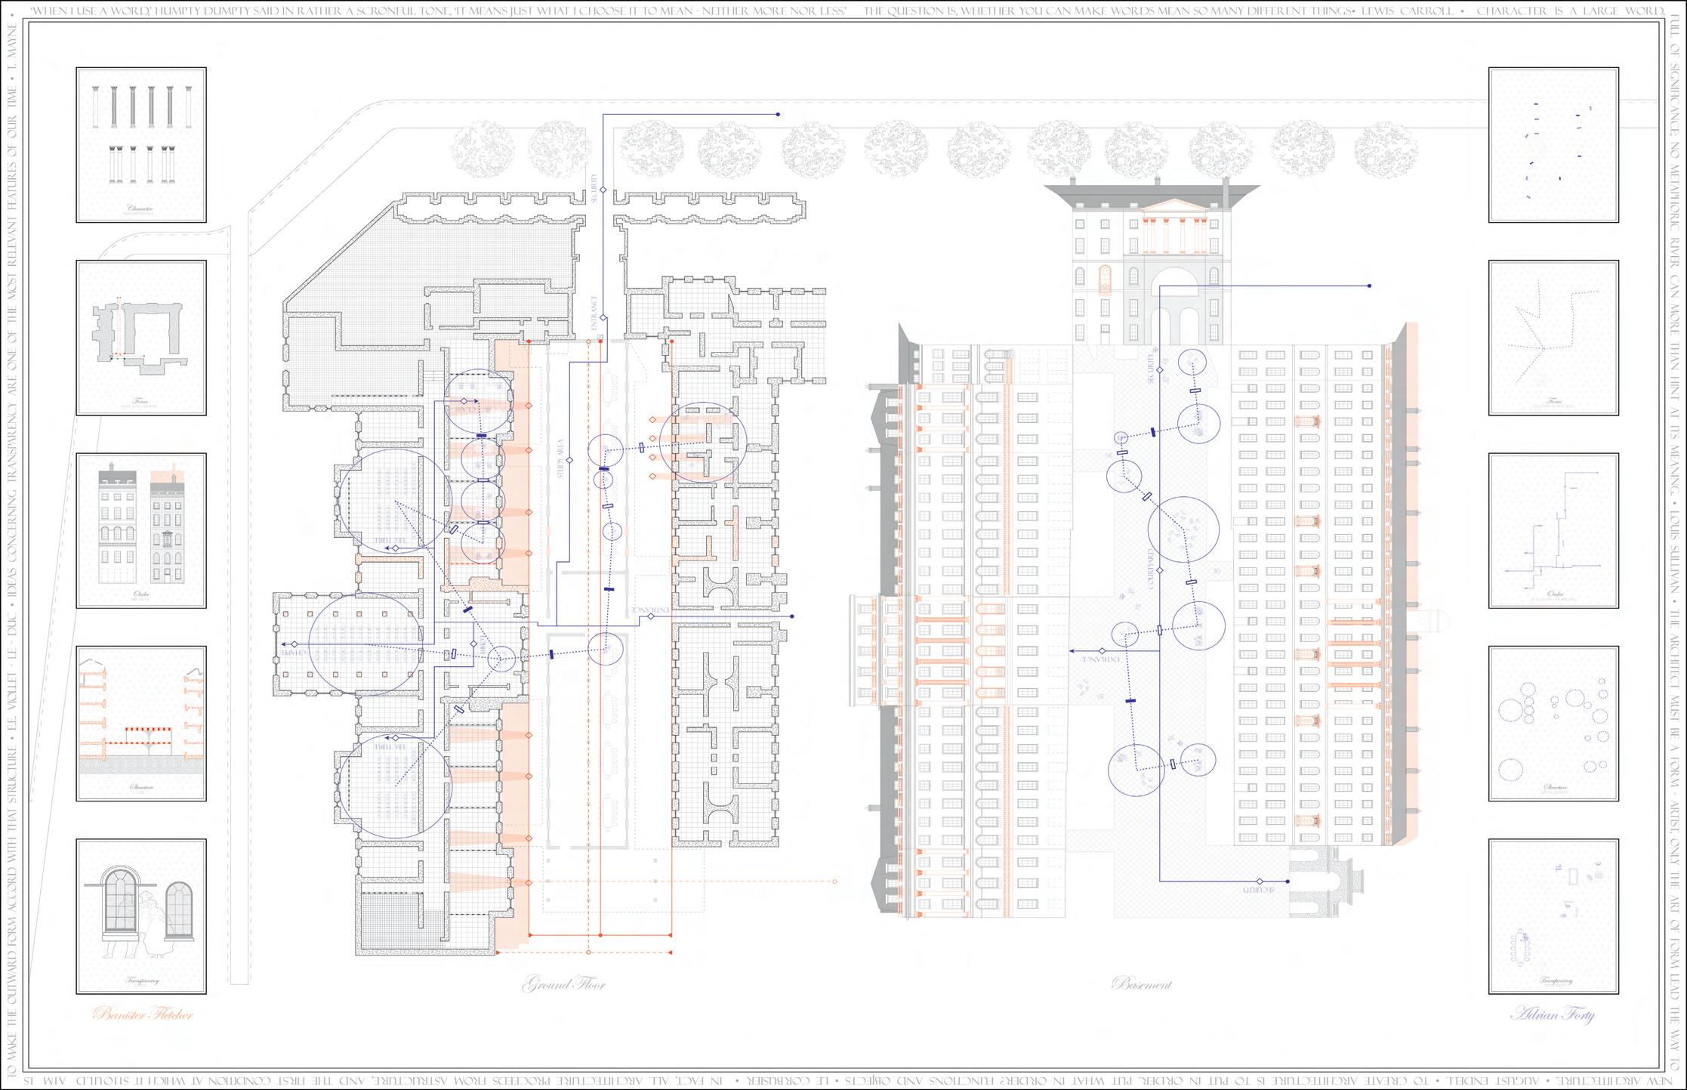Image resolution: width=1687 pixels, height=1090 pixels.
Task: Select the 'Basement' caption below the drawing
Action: click(1142, 984)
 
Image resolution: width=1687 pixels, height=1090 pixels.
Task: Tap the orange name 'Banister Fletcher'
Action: click(143, 1014)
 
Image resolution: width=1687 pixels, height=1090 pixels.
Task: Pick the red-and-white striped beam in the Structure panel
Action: click(148, 730)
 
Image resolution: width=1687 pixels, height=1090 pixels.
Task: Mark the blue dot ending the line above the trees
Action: click(778, 115)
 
